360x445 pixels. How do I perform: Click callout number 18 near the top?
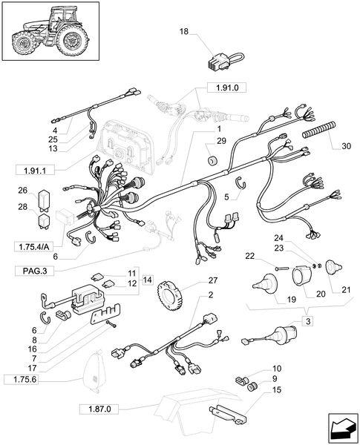[x=184, y=32]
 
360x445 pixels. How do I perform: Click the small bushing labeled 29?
[x=211, y=162]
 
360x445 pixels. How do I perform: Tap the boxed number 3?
[x=307, y=320]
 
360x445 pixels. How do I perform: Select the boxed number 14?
[x=147, y=279]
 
